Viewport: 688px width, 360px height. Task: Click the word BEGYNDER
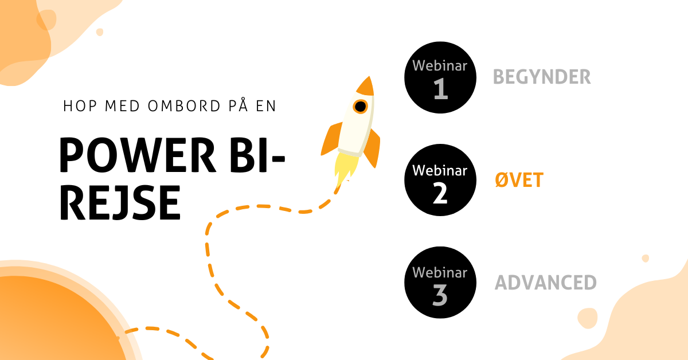coord(542,77)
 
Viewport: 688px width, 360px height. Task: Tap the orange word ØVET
coord(519,181)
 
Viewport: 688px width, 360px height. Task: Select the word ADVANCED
coord(545,283)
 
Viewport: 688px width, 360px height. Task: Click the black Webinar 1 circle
coord(440,77)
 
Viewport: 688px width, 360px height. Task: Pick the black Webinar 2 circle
coord(440,180)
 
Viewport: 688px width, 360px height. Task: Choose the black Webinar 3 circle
coord(440,282)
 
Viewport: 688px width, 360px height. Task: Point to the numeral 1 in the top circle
coord(440,89)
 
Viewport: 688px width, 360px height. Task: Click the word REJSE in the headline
coord(120,203)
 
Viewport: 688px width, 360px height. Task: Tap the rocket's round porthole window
coord(360,107)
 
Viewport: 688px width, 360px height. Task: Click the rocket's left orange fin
coord(331,140)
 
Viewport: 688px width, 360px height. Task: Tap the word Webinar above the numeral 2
coord(440,170)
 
